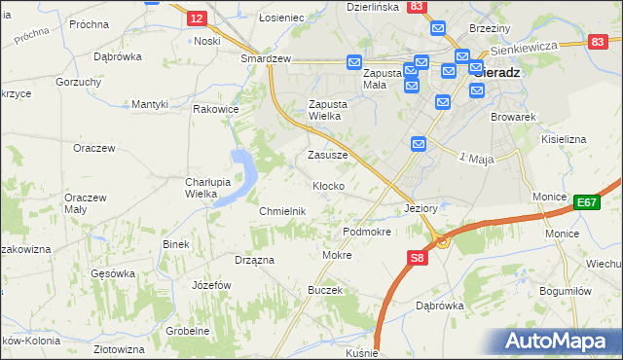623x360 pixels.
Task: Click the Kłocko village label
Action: click(x=327, y=186)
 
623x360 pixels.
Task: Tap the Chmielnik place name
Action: click(x=283, y=211)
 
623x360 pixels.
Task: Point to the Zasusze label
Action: click(x=328, y=155)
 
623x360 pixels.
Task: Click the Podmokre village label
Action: click(x=367, y=233)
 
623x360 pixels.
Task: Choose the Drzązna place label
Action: click(x=254, y=260)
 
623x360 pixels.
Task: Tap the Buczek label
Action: click(x=325, y=290)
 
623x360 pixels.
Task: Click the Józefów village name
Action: click(x=211, y=285)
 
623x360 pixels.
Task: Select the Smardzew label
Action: click(x=267, y=58)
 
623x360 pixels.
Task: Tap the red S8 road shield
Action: click(x=417, y=258)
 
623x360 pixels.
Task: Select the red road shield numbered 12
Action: click(x=197, y=18)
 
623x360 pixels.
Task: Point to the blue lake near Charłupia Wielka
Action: click(x=239, y=175)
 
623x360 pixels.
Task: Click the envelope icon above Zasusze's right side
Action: click(x=418, y=144)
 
